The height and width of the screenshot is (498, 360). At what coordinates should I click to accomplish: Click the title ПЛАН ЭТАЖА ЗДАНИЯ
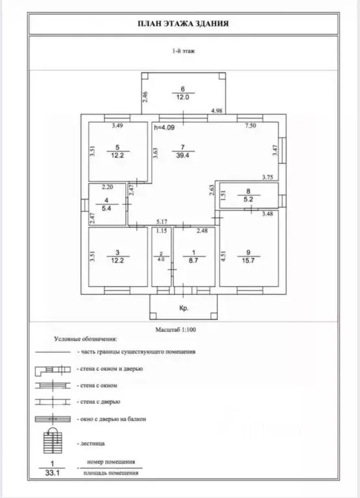[184, 24]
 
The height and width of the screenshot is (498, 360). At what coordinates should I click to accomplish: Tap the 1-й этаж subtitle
[184, 51]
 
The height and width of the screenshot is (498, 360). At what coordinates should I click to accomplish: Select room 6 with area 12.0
[184, 93]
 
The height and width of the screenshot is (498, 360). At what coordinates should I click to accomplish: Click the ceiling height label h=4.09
[164, 128]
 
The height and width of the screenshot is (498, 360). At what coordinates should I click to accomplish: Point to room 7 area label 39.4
[183, 155]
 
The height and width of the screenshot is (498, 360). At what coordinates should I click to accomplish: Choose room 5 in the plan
[117, 152]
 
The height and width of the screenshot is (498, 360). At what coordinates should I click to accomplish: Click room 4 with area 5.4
[107, 204]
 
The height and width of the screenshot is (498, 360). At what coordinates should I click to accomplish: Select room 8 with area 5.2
[249, 196]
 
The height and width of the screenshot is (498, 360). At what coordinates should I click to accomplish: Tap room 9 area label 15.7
[248, 261]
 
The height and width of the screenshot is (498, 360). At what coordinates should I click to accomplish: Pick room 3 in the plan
[117, 257]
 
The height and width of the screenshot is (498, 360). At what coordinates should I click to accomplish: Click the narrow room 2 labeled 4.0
[162, 257]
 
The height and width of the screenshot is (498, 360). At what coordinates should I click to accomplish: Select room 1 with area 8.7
[194, 257]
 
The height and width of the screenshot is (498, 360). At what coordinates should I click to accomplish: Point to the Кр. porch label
[184, 308]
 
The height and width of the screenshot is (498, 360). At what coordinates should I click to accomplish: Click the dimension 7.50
[250, 125]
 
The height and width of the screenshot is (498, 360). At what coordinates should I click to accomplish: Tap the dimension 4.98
[217, 110]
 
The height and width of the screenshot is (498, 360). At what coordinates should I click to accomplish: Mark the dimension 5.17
[162, 221]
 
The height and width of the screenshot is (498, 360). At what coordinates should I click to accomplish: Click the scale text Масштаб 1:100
[175, 329]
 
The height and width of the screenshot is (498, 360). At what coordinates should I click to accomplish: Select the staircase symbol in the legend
[53, 440]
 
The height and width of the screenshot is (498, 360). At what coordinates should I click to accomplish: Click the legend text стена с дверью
[99, 402]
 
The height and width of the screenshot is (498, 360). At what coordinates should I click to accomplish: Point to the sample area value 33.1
[53, 473]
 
